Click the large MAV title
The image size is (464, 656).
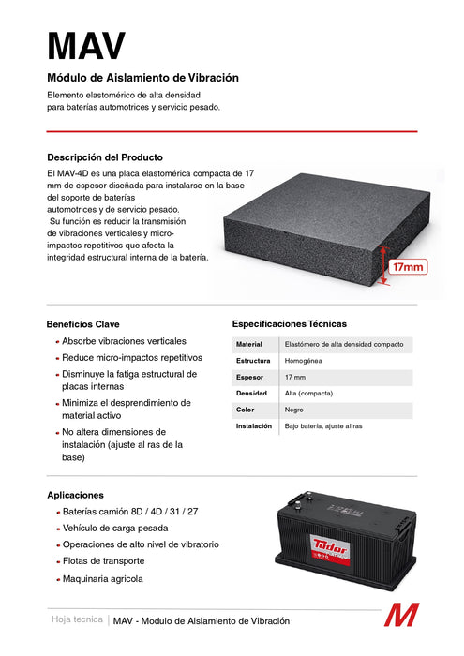pyautogui.click(x=85, y=45)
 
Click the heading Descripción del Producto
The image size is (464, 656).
pyautogui.click(x=105, y=157)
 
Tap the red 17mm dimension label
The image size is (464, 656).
pyautogui.click(x=408, y=267)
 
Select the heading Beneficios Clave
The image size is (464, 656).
pyautogui.click(x=82, y=323)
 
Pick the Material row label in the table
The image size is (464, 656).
pyautogui.click(x=249, y=345)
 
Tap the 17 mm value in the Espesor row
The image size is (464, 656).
pyautogui.click(x=295, y=377)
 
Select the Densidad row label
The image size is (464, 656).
pyautogui.click(x=252, y=394)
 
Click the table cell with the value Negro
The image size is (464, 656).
pyautogui.click(x=295, y=410)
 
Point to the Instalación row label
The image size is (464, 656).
pyautogui.click(x=254, y=426)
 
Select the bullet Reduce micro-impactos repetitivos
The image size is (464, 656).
pyautogui.click(x=131, y=357)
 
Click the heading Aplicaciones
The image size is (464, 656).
pyautogui.click(x=75, y=495)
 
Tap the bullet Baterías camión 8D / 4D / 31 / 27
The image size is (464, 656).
pyautogui.click(x=129, y=513)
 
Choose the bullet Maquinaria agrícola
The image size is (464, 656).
pyautogui.click(x=102, y=579)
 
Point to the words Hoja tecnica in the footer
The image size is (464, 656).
pyautogui.click(x=77, y=620)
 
